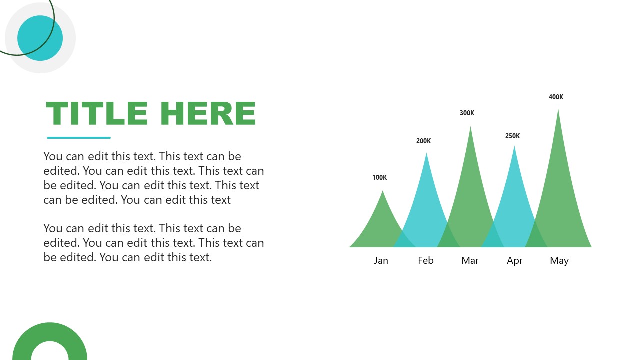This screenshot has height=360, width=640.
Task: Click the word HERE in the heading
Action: click(208, 114)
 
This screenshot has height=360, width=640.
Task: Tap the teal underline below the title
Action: click(79, 138)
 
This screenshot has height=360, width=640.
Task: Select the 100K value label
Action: click(379, 177)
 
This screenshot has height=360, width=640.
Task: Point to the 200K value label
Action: click(423, 141)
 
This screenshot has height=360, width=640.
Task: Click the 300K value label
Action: click(467, 113)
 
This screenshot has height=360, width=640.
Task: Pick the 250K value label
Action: click(512, 136)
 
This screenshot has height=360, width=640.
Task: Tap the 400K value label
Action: click(556, 97)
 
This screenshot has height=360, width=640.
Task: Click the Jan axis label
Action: click(381, 260)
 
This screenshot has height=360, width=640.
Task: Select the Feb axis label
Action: click(426, 260)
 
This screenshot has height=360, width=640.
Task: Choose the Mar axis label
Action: click(470, 260)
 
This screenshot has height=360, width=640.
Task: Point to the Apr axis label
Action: click(515, 260)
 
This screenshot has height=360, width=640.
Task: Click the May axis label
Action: click(559, 260)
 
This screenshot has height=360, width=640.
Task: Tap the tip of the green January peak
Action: click(382, 192)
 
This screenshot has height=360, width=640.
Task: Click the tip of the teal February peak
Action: click(426, 154)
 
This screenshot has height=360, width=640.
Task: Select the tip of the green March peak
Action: click(470, 128)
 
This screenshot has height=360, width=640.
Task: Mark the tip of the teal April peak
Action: click(514, 147)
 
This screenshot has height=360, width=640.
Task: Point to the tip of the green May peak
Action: click(558, 110)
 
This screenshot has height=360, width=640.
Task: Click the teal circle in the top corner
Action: click(40, 38)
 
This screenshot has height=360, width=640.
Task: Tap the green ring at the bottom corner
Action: click(50, 332)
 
